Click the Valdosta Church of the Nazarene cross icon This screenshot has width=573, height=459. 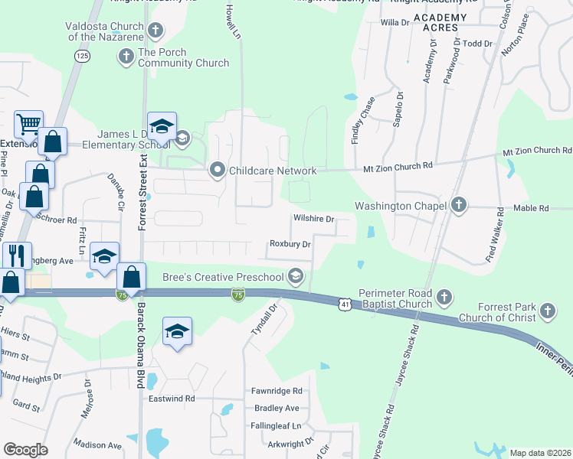coord(156,31)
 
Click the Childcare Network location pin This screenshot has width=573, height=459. coord(218,171)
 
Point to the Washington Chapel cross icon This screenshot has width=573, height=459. coord(458,205)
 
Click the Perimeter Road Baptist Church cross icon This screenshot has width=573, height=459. coord(444,296)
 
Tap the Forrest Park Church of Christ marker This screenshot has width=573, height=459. coord(547,311)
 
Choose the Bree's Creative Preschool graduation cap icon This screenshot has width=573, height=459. coord(296,277)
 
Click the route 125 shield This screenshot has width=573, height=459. coord(82,56)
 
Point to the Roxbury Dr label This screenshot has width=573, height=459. coord(290,244)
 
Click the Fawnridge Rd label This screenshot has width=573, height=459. coord(277,390)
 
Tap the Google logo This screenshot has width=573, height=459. coord(25,449)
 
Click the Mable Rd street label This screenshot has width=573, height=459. coord(532,207)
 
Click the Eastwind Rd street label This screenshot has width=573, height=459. coord(172,399)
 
